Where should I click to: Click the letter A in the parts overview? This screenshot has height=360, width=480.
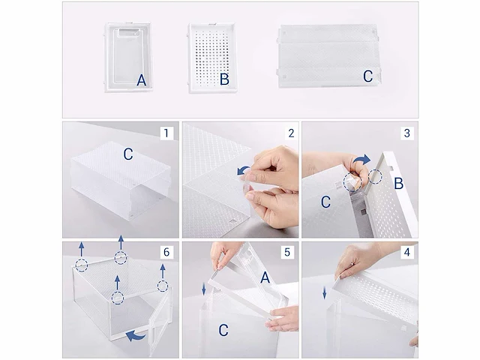click(x=142, y=80)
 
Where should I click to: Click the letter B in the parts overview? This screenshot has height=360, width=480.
click(x=224, y=79)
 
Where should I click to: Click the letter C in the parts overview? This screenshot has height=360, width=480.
click(x=368, y=76)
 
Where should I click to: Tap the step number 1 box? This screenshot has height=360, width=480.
click(x=166, y=133)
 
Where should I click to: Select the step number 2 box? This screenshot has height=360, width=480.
click(x=291, y=133)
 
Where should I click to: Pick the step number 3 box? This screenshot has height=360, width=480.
click(x=407, y=133)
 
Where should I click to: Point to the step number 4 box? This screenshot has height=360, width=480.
click(x=407, y=252)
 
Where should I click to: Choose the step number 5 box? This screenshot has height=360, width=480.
click(x=286, y=252)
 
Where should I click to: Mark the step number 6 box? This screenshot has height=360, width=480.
click(x=166, y=252)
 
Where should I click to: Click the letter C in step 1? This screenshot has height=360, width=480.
click(x=128, y=154)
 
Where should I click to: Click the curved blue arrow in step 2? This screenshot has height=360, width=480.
click(x=244, y=171)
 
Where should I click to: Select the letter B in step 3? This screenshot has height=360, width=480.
click(x=398, y=184)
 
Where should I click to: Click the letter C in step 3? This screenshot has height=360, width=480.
click(x=325, y=202)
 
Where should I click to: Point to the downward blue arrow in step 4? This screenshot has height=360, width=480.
click(x=325, y=294)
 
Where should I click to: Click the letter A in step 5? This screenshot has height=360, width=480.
click(x=265, y=277)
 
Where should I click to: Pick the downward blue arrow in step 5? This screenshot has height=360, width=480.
click(x=204, y=289)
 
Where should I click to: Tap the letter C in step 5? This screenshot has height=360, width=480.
click(x=223, y=330)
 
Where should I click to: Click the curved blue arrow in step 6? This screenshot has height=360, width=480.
click(x=136, y=335)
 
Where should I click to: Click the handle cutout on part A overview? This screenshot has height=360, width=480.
click(x=128, y=31)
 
